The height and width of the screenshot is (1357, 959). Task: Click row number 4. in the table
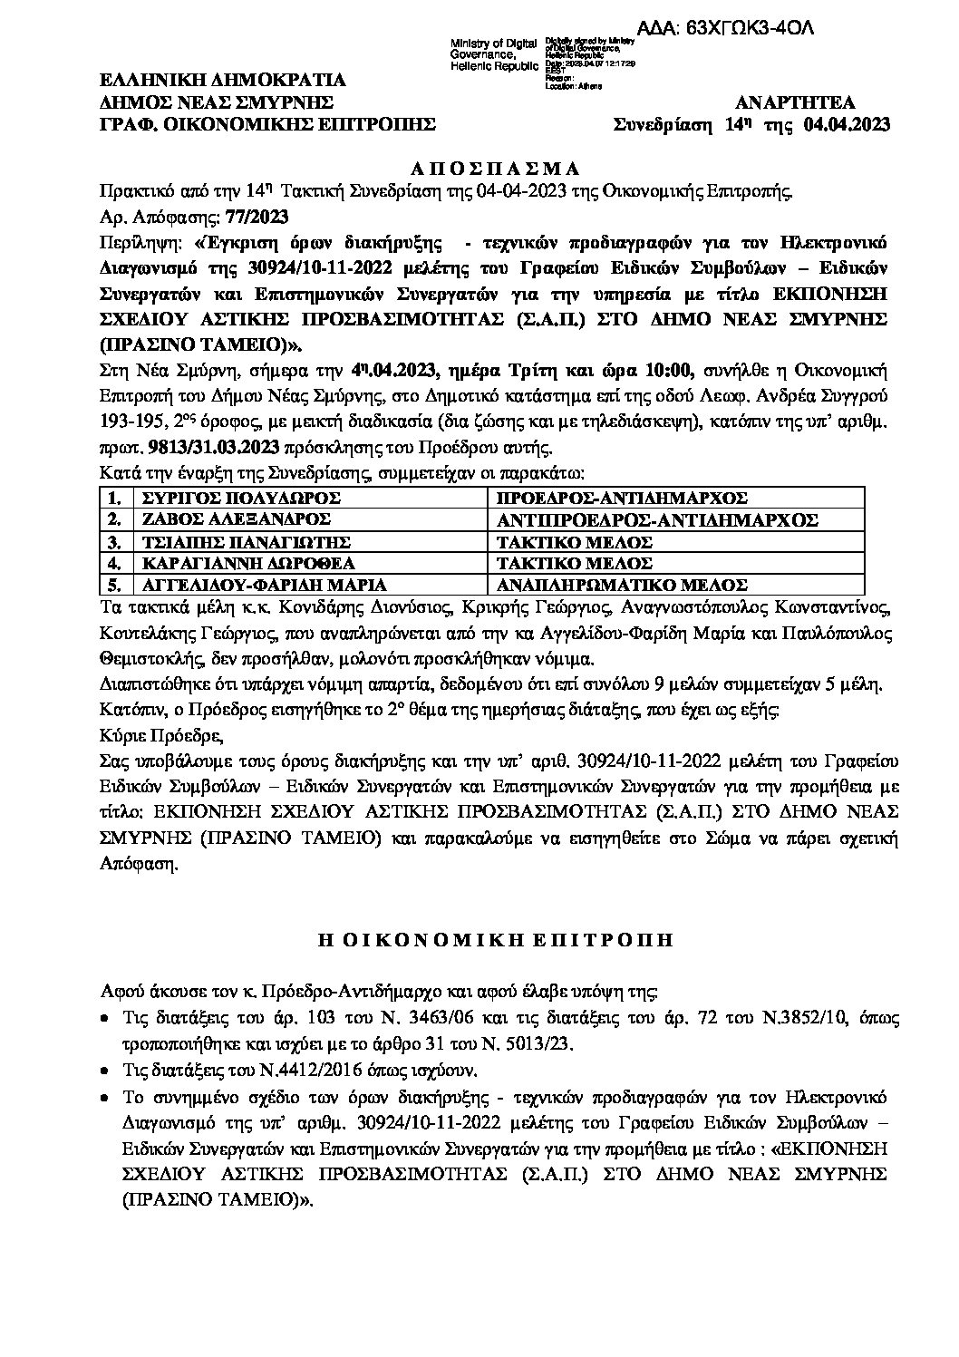[114, 564]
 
